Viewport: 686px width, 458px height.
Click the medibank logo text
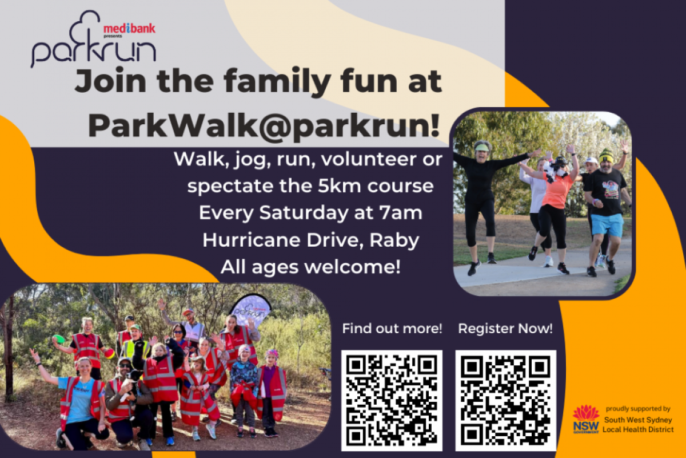[x=129, y=29]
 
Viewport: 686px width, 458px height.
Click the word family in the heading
[x=277, y=82]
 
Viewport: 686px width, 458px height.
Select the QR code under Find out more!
[x=392, y=400]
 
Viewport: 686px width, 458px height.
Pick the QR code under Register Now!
[x=505, y=400]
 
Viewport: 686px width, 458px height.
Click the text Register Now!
[x=505, y=329]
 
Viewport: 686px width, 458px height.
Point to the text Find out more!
[x=392, y=329]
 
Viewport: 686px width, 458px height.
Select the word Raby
[x=394, y=240]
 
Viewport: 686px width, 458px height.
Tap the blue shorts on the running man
[x=607, y=225]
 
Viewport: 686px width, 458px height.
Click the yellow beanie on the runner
[x=606, y=156]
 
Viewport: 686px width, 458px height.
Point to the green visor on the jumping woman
[x=482, y=148]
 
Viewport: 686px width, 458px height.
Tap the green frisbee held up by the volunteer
[x=58, y=339]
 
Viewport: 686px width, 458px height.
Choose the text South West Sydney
[x=638, y=420]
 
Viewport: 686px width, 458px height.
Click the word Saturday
[x=304, y=213]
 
